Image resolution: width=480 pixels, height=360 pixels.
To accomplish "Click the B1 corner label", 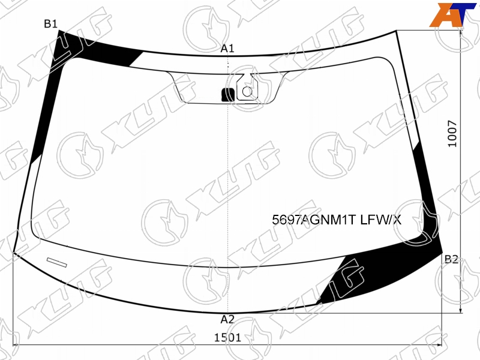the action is point(50,23).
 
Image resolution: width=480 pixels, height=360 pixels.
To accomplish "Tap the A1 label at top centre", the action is point(227,49).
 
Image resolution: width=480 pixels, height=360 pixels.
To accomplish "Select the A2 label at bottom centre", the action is point(227,320).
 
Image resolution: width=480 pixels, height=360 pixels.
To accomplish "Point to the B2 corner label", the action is point(452,259).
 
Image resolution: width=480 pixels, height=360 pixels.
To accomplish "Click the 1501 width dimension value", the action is point(227,338).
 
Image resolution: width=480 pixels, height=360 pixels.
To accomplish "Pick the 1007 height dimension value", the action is point(452,133).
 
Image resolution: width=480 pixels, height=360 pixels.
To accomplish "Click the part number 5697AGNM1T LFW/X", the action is point(337,220).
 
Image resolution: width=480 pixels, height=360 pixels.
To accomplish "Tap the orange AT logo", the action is point(453,14).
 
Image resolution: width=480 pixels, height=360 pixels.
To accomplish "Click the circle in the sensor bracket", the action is point(247,91).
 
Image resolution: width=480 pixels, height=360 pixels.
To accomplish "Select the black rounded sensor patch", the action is point(228,95).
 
